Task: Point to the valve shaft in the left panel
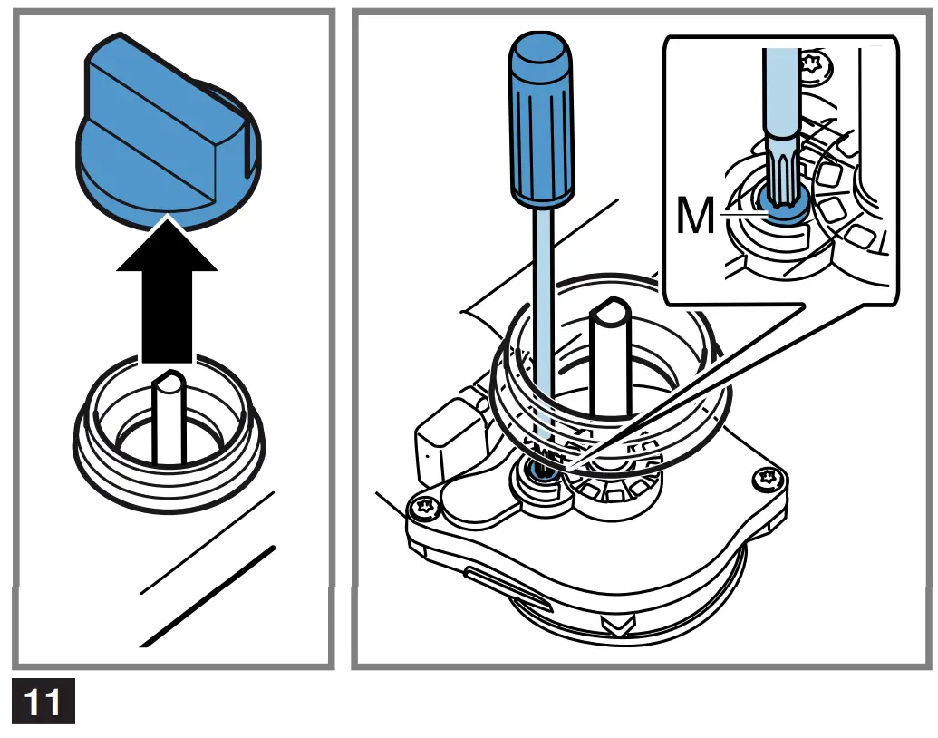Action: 169,417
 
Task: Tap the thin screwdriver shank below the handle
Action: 541,317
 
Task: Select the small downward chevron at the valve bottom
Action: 617,626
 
